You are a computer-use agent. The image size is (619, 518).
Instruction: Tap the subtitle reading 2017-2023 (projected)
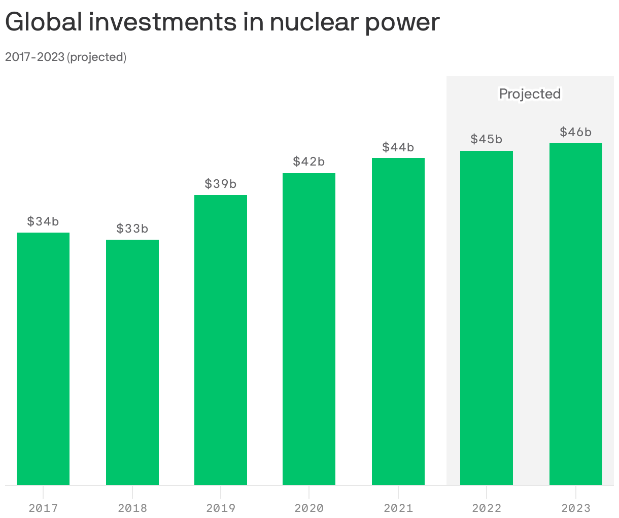tap(65, 57)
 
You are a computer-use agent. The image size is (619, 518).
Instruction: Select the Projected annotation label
tap(530, 94)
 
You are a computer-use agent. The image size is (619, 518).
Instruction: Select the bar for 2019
tap(221, 340)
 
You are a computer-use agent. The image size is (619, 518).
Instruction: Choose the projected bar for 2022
tap(487, 318)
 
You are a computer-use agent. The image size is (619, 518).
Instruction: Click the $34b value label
tap(43, 221)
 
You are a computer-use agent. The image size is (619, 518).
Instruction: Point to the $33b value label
tap(132, 229)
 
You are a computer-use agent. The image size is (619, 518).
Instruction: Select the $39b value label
tap(221, 184)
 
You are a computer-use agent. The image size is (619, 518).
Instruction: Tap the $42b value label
tap(309, 161)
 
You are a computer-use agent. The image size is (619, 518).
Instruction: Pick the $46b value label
tap(576, 132)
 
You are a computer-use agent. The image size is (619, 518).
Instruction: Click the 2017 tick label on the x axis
tap(43, 507)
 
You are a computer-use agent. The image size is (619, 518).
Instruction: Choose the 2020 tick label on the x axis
tap(309, 507)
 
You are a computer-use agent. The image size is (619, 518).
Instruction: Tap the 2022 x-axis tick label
tap(487, 507)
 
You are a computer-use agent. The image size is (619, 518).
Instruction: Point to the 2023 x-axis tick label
tap(576, 507)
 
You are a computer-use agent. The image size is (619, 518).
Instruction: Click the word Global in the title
tap(43, 22)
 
